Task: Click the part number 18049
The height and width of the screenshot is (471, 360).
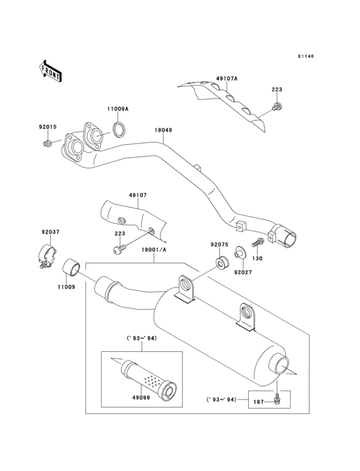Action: pos(163,130)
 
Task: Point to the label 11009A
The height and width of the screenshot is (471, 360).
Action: pos(118,110)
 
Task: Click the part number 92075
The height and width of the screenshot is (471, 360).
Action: pos(221,245)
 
